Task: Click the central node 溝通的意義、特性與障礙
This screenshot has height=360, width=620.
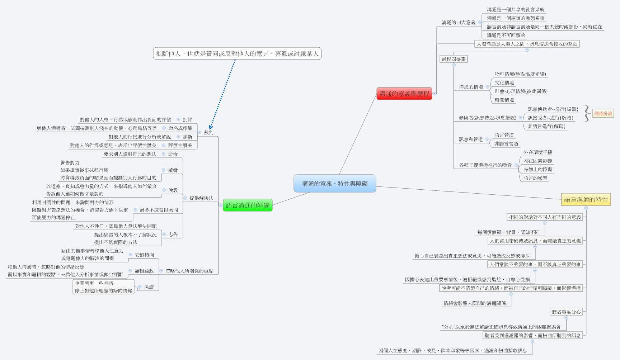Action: pyautogui.click(x=335, y=184)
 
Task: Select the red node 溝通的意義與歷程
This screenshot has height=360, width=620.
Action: pyautogui.click(x=404, y=94)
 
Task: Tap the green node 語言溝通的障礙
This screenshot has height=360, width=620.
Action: pyautogui.click(x=248, y=205)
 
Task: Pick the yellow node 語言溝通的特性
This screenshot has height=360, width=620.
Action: pyautogui.click(x=586, y=200)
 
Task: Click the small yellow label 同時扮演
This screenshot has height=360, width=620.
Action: pyautogui.click(x=603, y=114)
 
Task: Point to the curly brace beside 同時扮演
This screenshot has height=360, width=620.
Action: pyautogui.click(x=586, y=114)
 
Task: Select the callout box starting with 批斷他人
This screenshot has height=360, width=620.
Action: pyautogui.click(x=237, y=54)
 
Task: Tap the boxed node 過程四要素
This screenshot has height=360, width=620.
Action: pyautogui.click(x=454, y=59)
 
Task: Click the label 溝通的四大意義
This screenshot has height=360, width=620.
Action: pyautogui.click(x=458, y=23)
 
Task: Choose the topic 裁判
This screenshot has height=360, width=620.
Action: pyautogui.click(x=208, y=133)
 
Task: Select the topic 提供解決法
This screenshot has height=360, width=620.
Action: pyautogui.click(x=201, y=198)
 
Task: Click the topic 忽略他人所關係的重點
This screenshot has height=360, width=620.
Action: pyautogui.click(x=189, y=271)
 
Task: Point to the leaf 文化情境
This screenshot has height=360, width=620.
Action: pyautogui.click(x=504, y=83)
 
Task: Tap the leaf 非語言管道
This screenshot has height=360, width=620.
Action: pyautogui.click(x=506, y=144)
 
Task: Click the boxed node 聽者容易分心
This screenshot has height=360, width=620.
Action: pyautogui.click(x=566, y=312)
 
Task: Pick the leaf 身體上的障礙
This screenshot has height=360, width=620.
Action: pyautogui.click(x=537, y=170)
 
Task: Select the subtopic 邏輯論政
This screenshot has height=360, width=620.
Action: pyautogui.click(x=144, y=271)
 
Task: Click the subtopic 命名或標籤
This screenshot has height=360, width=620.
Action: pyautogui.click(x=180, y=128)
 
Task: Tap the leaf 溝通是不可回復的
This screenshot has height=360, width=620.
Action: pyautogui.click(x=506, y=35)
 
